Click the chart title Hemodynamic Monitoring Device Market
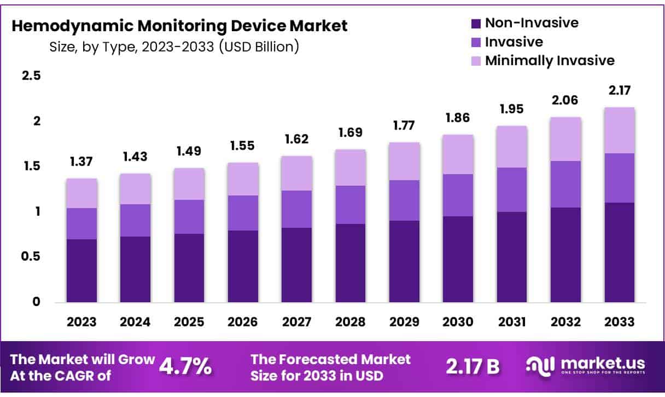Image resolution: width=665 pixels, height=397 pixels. pos(179,26)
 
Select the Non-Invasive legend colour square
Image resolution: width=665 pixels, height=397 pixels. pos(476,24)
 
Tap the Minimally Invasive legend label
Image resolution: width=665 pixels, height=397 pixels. pos(550,60)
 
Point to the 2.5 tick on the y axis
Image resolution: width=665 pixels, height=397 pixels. pos(31,76)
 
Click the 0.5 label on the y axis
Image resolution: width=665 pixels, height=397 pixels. pos(31,256)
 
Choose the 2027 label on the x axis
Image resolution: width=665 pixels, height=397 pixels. pos(297,322)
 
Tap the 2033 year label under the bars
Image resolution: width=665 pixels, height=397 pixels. pos(620,322)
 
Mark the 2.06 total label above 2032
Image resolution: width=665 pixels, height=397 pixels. pos(565,100)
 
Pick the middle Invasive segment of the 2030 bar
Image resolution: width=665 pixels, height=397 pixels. pos(458,195)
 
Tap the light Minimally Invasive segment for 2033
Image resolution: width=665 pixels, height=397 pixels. pos(620,130)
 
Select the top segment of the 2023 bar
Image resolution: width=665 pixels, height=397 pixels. pos(81,193)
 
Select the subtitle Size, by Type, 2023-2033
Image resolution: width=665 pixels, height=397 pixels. pos(174,47)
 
